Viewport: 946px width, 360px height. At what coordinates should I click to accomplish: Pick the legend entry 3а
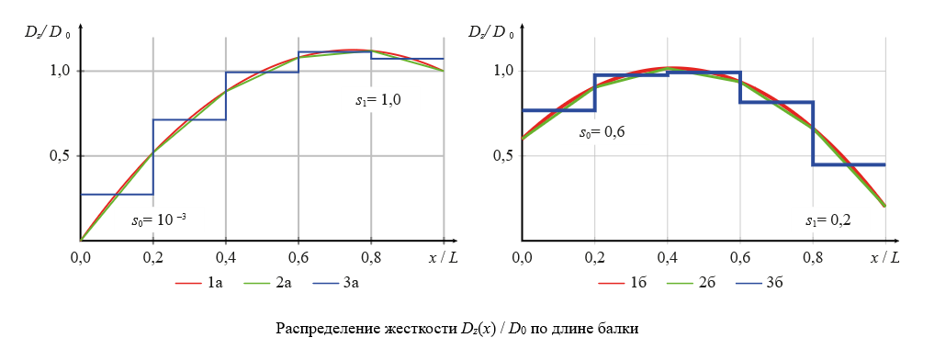pos(350,283)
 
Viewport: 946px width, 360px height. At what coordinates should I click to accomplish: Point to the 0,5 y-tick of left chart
pos(59,155)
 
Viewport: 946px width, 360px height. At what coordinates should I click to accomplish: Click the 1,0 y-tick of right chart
pos(500,71)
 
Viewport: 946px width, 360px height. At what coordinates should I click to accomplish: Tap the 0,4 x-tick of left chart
pos(225,259)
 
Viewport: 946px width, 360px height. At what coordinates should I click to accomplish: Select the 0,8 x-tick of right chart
pos(812,259)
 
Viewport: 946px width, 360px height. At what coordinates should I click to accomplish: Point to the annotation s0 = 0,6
pos(602,132)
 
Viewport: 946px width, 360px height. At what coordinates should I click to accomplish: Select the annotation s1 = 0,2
pos(828,221)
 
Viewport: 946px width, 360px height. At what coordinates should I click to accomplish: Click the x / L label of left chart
pos(443,259)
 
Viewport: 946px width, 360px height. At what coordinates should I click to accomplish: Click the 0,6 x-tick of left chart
pos(298,259)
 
